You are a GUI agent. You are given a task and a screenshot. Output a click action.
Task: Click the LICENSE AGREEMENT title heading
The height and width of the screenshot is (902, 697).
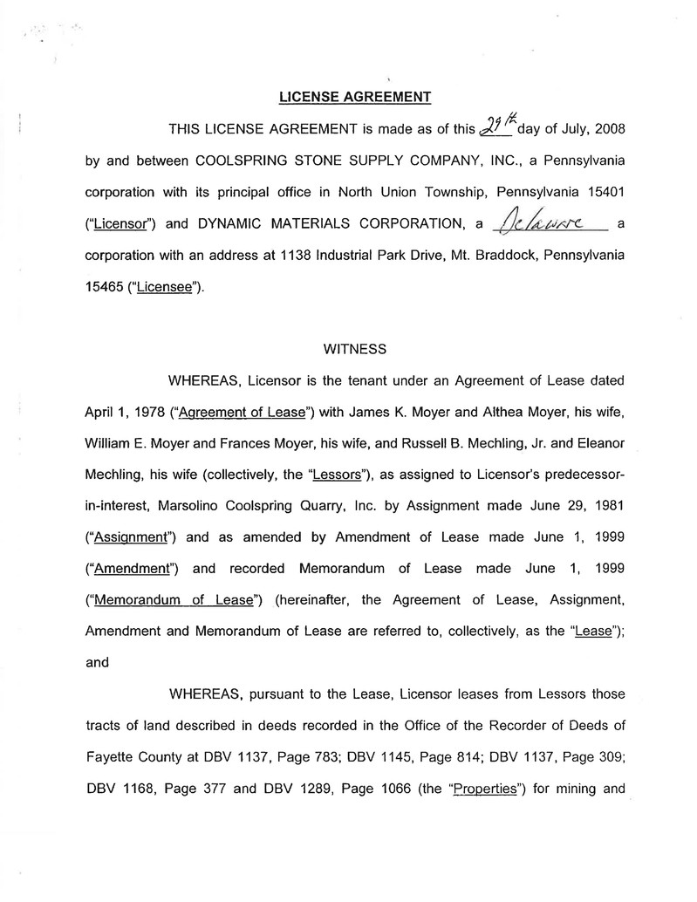[354, 96]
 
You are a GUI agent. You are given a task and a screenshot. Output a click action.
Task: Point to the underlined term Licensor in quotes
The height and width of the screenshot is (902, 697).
[119, 223]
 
